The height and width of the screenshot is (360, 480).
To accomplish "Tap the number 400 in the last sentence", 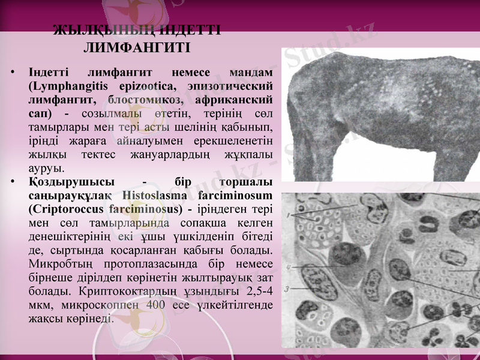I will click(155, 304).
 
